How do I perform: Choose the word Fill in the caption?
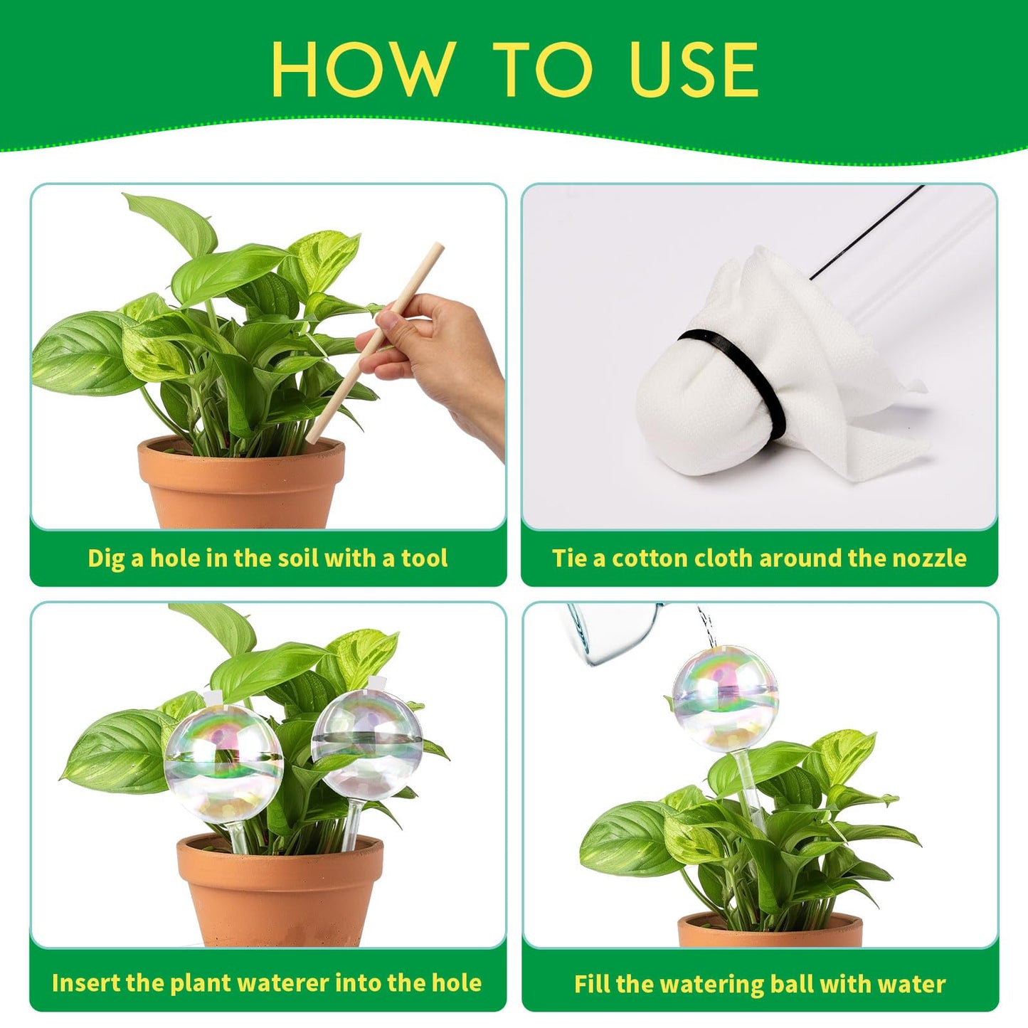pyautogui.click(x=592, y=984)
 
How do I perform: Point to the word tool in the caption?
pyautogui.click(x=425, y=558)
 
